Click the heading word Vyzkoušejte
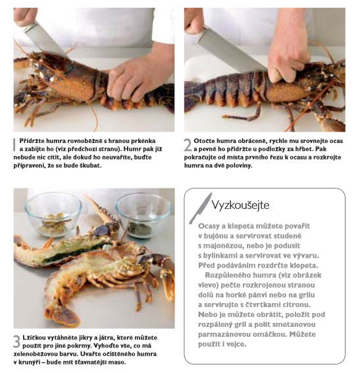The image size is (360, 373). click(240, 205)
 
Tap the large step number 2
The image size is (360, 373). click(188, 144)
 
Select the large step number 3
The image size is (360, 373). click(17, 342)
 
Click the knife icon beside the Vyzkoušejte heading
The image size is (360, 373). click(200, 208)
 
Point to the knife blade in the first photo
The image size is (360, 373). click(45, 40)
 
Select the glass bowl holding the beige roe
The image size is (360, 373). click(54, 215)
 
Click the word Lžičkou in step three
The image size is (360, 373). click(34, 338)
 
